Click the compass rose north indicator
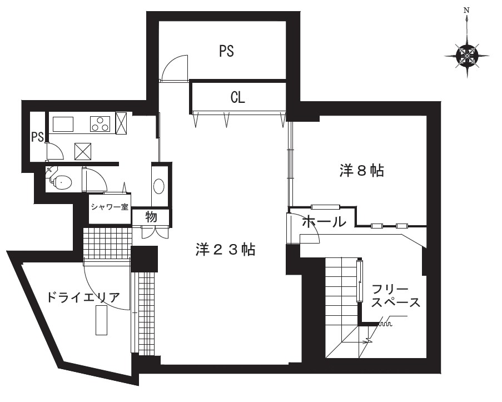[x=467, y=55]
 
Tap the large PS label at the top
[x=226, y=51]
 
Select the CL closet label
[x=237, y=97]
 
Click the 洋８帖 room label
[x=361, y=170]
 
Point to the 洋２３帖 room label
[x=225, y=249]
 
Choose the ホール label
[x=324, y=221]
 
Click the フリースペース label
[x=396, y=296]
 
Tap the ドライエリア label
[x=83, y=297]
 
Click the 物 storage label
[x=151, y=217]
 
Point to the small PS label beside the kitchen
[x=37, y=137]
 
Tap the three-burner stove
[x=101, y=124]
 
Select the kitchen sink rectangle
[x=63, y=125]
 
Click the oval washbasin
[x=159, y=186]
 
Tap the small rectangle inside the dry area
[x=101, y=320]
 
